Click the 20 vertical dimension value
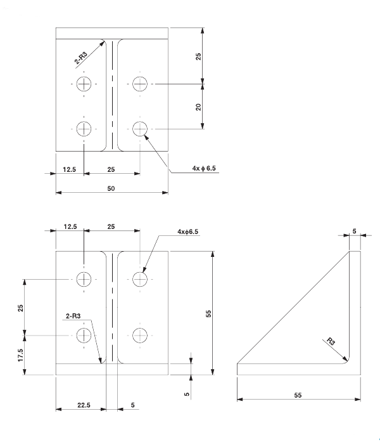[x=198, y=107]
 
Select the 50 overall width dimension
[x=112, y=188]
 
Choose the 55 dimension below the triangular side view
[x=298, y=395]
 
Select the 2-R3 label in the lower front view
[x=75, y=315]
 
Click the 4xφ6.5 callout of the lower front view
[x=187, y=232]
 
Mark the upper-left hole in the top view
[x=84, y=84]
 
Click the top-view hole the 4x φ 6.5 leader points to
[x=140, y=129]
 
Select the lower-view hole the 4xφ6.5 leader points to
[x=140, y=278]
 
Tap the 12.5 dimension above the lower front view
[x=70, y=226]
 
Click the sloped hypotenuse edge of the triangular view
[x=291, y=307]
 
